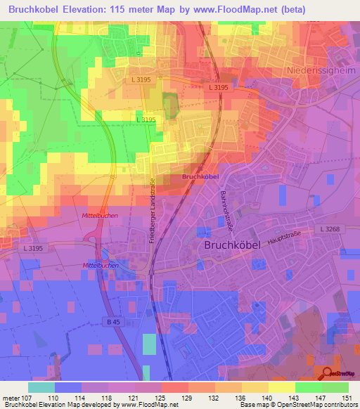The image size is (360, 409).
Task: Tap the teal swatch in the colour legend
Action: (41, 387)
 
